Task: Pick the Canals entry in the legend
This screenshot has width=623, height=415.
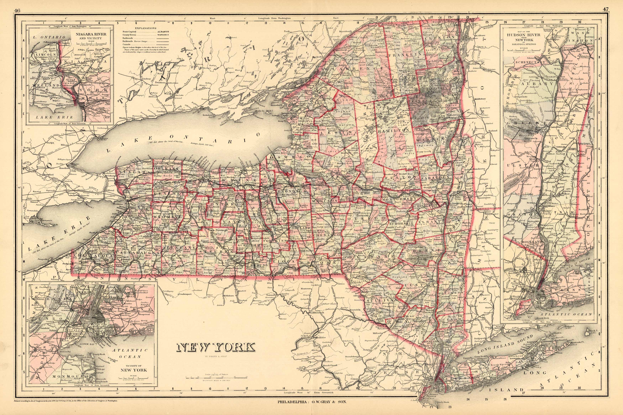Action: click(x=126, y=44)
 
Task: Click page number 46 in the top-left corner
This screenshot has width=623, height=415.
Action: click(x=17, y=10)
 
